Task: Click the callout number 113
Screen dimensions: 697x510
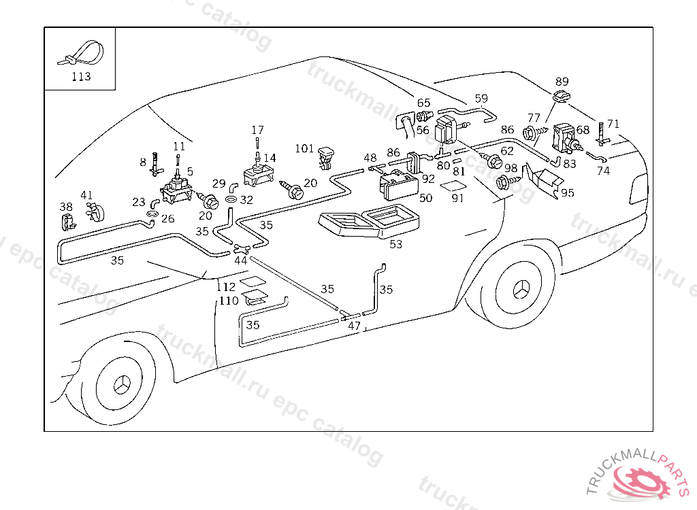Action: pyautogui.click(x=82, y=76)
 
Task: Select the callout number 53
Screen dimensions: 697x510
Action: pyautogui.click(x=395, y=244)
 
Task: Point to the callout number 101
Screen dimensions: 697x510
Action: pyautogui.click(x=304, y=148)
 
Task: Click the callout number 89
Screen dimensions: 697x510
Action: pyautogui.click(x=562, y=82)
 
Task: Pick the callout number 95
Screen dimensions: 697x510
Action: pyautogui.click(x=567, y=193)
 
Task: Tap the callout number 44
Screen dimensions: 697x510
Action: pyautogui.click(x=240, y=260)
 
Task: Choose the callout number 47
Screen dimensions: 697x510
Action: pyautogui.click(x=354, y=326)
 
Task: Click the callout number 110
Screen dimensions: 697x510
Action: pyautogui.click(x=229, y=301)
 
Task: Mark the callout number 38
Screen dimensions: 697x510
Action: pyautogui.click(x=66, y=207)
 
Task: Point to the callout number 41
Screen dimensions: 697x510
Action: pyautogui.click(x=86, y=195)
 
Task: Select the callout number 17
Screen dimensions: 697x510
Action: pyautogui.click(x=257, y=130)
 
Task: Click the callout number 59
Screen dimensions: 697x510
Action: pyautogui.click(x=481, y=98)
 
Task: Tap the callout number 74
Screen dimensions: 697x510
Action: pyautogui.click(x=603, y=171)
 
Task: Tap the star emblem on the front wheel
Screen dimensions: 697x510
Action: pyautogui.click(x=123, y=385)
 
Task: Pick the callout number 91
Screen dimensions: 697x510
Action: pyautogui.click(x=458, y=198)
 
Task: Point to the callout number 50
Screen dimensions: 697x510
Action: pyautogui.click(x=426, y=198)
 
